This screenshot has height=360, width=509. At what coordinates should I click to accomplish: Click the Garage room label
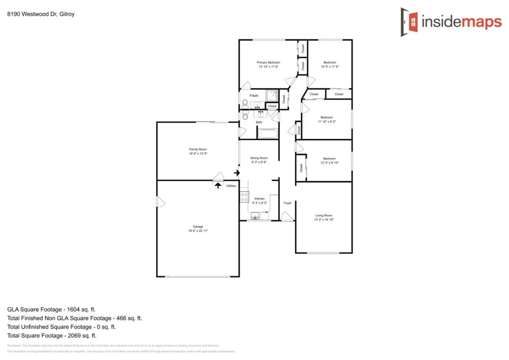click(198, 227)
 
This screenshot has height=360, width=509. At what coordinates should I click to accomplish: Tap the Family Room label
click(198, 149)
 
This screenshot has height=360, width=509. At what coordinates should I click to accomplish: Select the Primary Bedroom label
click(268, 63)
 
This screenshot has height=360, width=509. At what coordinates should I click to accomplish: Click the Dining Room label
click(259, 158)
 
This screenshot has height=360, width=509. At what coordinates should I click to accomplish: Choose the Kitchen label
click(259, 198)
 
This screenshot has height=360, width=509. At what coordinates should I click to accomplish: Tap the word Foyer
click(287, 203)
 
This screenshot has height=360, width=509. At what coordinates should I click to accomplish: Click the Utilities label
click(231, 185)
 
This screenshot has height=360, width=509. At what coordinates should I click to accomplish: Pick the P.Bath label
click(254, 95)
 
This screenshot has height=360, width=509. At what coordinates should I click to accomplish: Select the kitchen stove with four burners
click(244, 197)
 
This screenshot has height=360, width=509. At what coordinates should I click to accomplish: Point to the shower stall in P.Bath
click(272, 95)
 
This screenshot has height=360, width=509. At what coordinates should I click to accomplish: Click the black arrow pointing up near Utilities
click(218, 185)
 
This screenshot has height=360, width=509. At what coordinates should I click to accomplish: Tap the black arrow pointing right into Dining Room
click(237, 173)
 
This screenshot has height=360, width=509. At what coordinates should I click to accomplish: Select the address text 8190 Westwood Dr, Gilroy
click(34, 14)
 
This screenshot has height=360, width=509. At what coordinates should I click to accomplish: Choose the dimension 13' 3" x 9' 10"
click(329, 163)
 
